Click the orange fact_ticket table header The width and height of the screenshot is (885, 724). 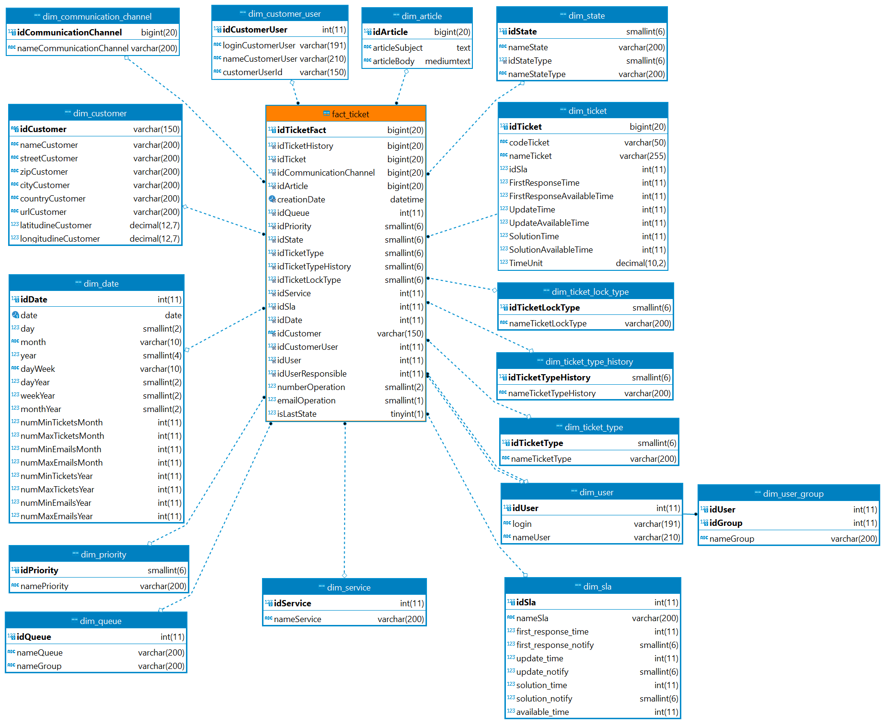346,114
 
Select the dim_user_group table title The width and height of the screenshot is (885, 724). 793,494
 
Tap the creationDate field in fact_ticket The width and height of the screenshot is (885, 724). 301,200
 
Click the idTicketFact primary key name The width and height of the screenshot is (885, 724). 301,130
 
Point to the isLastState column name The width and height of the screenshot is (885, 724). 296,414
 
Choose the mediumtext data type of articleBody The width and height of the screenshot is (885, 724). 448,61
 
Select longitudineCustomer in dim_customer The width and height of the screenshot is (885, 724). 60,239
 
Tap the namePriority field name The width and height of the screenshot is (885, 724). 44,586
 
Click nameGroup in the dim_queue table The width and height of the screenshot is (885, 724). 39,666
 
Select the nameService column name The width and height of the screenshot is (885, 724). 297,619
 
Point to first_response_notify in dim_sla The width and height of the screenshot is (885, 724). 555,645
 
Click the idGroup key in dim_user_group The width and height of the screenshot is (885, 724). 725,523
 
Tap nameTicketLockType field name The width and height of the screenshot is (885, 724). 547,323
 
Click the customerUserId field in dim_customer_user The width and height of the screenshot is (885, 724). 252,72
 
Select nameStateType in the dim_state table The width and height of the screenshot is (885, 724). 536,74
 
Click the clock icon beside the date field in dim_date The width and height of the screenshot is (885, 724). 15,315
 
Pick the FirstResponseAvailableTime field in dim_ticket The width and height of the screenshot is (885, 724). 561,196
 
